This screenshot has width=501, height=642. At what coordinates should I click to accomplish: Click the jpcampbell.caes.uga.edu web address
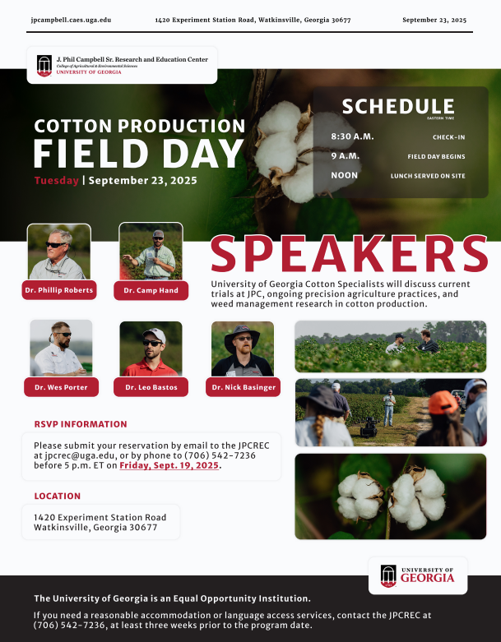coord(71,20)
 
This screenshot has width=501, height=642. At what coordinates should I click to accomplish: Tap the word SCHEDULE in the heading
coord(398,107)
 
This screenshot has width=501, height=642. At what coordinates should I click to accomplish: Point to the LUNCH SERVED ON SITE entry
coord(428,176)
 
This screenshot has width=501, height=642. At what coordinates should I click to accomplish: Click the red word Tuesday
coord(57,181)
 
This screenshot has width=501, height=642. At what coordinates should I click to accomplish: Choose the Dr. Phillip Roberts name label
coord(59,290)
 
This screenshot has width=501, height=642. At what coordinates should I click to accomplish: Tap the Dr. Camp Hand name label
coord(151,290)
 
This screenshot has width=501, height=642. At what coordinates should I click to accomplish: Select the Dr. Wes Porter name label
coord(61,387)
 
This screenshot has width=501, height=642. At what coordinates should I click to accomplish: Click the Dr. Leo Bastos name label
coord(151,387)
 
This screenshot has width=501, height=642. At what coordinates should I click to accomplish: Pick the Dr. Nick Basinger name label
coord(244,387)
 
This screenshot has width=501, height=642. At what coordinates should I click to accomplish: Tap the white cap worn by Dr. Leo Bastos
coord(155,335)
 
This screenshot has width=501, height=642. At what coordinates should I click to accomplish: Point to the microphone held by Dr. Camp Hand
coord(156,252)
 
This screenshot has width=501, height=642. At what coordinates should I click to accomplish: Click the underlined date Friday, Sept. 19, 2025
coord(169,465)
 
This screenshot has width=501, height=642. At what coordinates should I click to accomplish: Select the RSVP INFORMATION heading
coord(81,424)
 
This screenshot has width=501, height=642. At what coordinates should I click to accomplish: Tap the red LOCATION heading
coord(58,497)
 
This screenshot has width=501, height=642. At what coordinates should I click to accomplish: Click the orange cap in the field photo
coord(443,402)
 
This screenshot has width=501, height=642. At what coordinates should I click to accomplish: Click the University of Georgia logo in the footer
coord(418,575)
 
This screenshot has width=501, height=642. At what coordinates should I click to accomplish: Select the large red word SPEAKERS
coord(349,254)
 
